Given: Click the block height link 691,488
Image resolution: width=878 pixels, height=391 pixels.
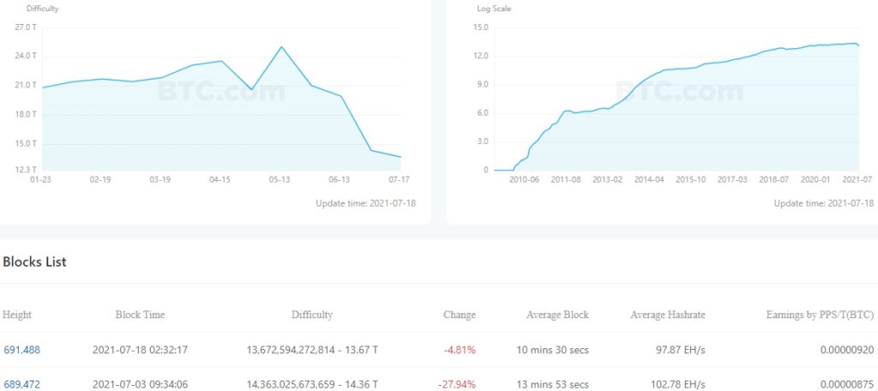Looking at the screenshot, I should [x=21, y=350].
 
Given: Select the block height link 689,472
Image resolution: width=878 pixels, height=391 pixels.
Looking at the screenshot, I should [x=21, y=384].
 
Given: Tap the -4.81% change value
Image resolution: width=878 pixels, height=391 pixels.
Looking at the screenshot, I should [x=460, y=350].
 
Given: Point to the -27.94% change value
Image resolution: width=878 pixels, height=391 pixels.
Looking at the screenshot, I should [x=457, y=384].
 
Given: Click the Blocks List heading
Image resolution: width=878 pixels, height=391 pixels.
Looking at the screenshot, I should [x=34, y=262].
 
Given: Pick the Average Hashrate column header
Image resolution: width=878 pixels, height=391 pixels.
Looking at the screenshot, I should [x=667, y=315].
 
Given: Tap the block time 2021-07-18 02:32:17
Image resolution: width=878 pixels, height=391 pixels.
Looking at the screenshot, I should [x=140, y=350].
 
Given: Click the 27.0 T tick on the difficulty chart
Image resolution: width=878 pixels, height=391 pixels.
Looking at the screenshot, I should [x=26, y=27].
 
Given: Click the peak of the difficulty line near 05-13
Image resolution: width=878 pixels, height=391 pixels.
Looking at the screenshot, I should [x=281, y=46].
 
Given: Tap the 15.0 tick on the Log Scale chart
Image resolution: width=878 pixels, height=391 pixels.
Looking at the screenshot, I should [x=480, y=27].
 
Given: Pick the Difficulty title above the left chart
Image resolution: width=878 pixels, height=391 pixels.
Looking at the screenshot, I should [x=42, y=8].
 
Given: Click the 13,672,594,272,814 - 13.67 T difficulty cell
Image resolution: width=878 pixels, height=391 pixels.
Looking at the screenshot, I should [x=312, y=350].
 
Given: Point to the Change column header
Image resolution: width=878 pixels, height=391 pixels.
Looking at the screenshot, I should [x=459, y=315].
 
